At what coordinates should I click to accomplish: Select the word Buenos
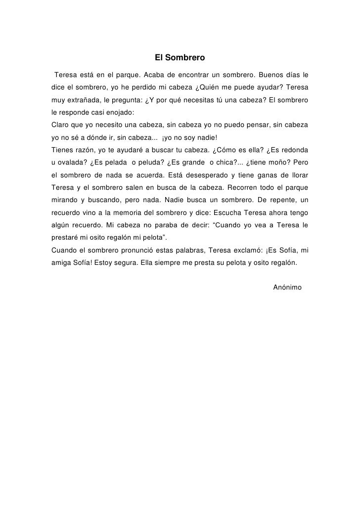[270, 75]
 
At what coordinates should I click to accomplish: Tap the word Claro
[60, 125]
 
